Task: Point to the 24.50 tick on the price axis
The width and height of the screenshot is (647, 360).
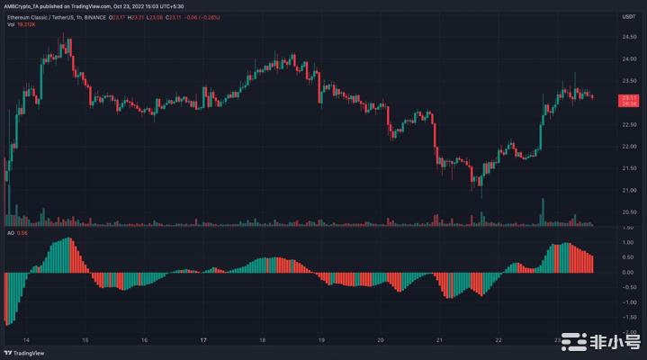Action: pyautogui.click(x=630, y=37)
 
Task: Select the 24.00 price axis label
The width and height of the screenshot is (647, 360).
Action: pyautogui.click(x=630, y=59)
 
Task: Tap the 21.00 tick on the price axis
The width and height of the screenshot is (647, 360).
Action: pyautogui.click(x=630, y=190)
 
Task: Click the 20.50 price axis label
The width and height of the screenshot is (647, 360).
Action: pyautogui.click(x=630, y=212)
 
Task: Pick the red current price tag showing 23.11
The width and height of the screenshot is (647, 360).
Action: pyautogui.click(x=630, y=99)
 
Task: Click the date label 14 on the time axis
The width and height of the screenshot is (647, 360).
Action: pyautogui.click(x=26, y=341)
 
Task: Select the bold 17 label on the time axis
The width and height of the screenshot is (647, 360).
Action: pyautogui.click(x=204, y=341)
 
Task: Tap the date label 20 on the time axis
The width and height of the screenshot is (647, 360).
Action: pyautogui.click(x=382, y=341)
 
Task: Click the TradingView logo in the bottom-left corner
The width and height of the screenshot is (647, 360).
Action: pyautogui.click(x=24, y=352)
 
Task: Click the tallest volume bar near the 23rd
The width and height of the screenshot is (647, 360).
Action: pyautogui.click(x=543, y=211)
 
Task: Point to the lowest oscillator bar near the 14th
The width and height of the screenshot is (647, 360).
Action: pyautogui.click(x=6, y=323)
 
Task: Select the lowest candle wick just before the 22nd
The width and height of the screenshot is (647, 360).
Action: pyautogui.click(x=481, y=194)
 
